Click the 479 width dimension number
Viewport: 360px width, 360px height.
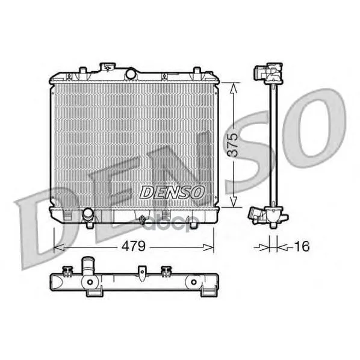click(134, 246)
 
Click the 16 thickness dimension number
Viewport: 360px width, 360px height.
click(302, 246)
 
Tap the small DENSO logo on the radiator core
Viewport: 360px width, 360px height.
click(172, 192)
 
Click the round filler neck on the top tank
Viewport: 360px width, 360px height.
click(131, 73)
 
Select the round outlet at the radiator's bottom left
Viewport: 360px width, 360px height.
click(88, 213)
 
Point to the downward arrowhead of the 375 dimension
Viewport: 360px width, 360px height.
click(234, 202)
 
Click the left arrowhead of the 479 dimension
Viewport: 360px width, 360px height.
click(59, 247)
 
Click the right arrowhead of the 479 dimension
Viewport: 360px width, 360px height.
click(208, 247)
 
